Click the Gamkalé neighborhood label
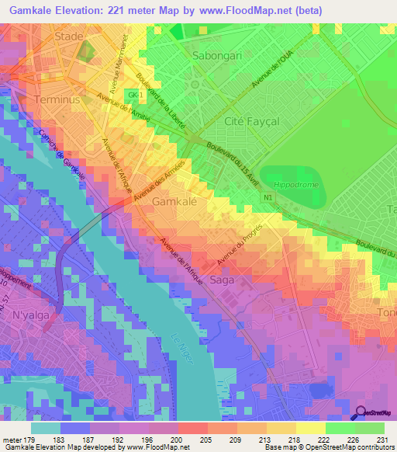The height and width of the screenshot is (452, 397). pyautogui.click(x=174, y=201)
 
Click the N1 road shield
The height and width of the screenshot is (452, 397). pyautogui.click(x=268, y=198)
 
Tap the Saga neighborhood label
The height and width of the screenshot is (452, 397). pyautogui.click(x=222, y=278)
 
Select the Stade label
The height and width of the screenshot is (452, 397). pyautogui.click(x=69, y=37)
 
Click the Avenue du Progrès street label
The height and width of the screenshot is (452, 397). pyautogui.click(x=240, y=243)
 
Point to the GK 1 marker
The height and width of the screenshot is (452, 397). pyautogui.click(x=135, y=95)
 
